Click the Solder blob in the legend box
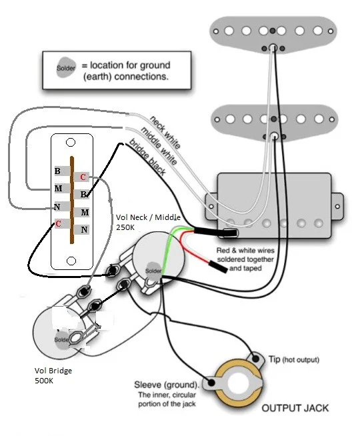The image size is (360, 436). click(x=66, y=67)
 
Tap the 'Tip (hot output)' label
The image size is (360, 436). click(x=293, y=359)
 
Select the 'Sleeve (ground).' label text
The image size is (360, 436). click(x=167, y=385)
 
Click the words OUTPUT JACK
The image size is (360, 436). click(x=295, y=408)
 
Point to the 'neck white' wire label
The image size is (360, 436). click(x=165, y=132)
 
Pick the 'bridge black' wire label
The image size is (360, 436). click(x=147, y=157)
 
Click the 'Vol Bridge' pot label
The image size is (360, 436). click(x=53, y=371)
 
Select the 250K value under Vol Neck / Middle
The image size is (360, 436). click(x=125, y=227)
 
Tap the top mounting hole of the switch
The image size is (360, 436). click(x=71, y=143)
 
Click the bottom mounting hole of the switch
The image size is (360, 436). click(x=71, y=261)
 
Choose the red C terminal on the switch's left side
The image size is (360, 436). click(x=58, y=223)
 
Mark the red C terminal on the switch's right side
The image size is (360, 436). click(x=83, y=177)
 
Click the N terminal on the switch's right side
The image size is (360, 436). click(x=84, y=230)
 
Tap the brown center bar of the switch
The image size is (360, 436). click(x=72, y=200)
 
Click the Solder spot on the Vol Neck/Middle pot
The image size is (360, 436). click(x=153, y=271)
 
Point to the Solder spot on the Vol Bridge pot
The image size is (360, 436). click(x=62, y=340)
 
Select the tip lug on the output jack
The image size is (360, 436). click(x=255, y=359)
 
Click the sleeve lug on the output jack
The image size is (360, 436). click(x=211, y=383)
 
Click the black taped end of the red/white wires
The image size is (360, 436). click(x=218, y=267)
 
